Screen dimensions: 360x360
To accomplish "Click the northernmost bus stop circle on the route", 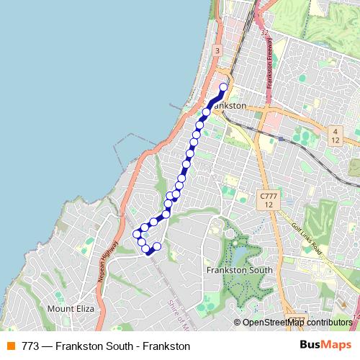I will (223, 87).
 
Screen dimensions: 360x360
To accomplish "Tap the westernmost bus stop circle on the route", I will (137, 233).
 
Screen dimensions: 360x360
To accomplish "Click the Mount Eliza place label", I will (71, 309).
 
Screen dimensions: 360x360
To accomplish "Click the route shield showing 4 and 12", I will (335, 135).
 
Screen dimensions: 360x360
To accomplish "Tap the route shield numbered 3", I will (217, 50).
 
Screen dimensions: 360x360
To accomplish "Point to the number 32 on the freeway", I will (264, 32).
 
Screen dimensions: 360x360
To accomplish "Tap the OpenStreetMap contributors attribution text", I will (297, 323).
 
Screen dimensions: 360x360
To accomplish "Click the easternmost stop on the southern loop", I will (157, 246).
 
